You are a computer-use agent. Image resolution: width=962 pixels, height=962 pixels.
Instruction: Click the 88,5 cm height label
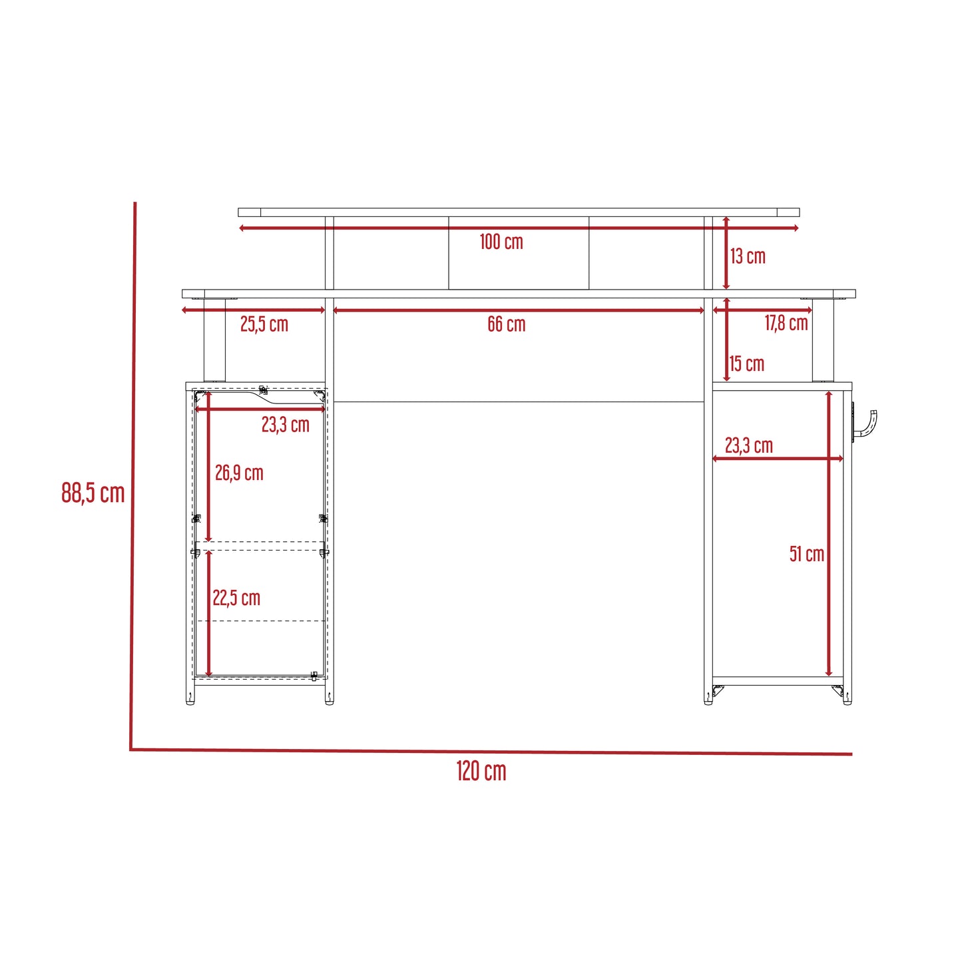click(93, 493)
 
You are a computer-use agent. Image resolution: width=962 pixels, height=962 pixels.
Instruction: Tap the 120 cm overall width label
click(481, 771)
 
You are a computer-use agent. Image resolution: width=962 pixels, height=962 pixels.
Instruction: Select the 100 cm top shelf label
click(501, 242)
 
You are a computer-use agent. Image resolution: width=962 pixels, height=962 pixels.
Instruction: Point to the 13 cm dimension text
click(748, 256)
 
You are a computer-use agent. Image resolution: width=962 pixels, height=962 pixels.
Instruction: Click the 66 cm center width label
click(506, 324)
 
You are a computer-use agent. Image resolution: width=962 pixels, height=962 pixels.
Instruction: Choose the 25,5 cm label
click(264, 324)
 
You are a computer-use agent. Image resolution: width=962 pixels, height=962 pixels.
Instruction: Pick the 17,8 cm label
click(786, 323)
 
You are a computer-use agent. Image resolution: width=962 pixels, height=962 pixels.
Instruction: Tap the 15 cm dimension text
click(747, 363)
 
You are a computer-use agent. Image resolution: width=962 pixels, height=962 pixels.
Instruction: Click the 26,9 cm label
click(239, 473)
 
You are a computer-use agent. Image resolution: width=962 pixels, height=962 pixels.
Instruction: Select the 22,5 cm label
click(236, 598)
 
